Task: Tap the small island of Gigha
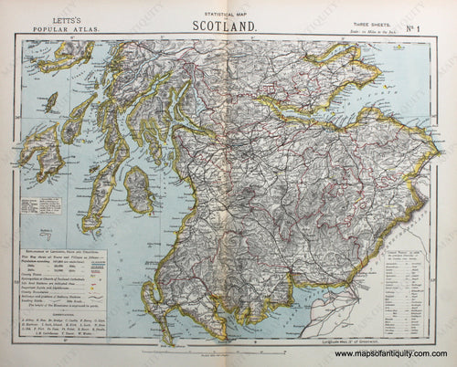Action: click(80, 166)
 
